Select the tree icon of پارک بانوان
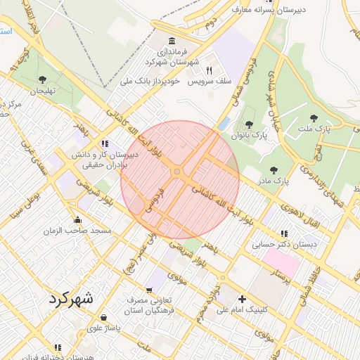pyautogui.click(x=249, y=124)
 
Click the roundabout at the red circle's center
pyautogui.click(x=177, y=172)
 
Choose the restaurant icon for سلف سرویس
pyautogui.click(x=209, y=70)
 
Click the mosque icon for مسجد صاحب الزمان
pyautogui.click(x=77, y=219)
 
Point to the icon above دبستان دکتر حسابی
pyautogui.click(x=284, y=233)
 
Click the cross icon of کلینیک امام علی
pyautogui.click(x=243, y=298)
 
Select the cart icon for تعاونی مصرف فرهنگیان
pyautogui.click(x=149, y=290)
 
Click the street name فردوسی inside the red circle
pyautogui.click(x=153, y=200)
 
